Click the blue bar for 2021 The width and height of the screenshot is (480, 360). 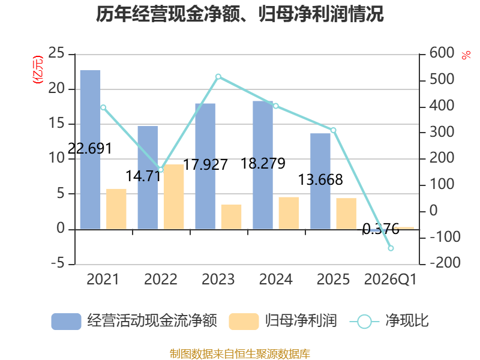pyautogui.click(x=90, y=149)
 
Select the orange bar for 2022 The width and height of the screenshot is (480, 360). pyautogui.click(x=173, y=197)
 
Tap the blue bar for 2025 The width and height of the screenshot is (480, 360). pyautogui.click(x=320, y=181)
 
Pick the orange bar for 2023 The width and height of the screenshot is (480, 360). pyautogui.click(x=231, y=217)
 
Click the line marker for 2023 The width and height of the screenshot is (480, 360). pyautogui.click(x=218, y=77)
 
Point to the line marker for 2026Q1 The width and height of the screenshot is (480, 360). pyautogui.click(x=391, y=248)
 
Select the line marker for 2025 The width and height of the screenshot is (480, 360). pyautogui.click(x=334, y=130)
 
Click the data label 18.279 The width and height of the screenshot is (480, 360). pyautogui.click(x=263, y=163)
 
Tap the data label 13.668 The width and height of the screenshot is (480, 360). pyautogui.click(x=320, y=179)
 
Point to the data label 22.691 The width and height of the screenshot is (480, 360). pyautogui.click(x=89, y=149)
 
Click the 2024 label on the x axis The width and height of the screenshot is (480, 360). pyautogui.click(x=276, y=279)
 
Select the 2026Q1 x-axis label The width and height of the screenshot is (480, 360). pyautogui.click(x=391, y=280)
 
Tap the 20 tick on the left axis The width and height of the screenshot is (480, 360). pyautogui.click(x=56, y=88)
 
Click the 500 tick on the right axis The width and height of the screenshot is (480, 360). pyautogui.click(x=442, y=79)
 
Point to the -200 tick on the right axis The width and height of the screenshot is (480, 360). pyautogui.click(x=445, y=262)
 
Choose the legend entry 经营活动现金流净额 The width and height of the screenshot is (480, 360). pyautogui.click(x=134, y=321)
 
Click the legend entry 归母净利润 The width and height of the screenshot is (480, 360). pyautogui.click(x=283, y=321)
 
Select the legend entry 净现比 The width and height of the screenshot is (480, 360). pyautogui.click(x=389, y=321)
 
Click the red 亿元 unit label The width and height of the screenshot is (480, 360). pyautogui.click(x=38, y=70)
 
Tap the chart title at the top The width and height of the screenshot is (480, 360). pyautogui.click(x=239, y=14)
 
